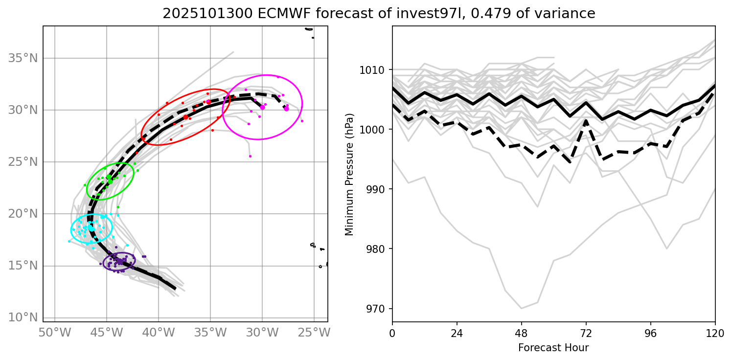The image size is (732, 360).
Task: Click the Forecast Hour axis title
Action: tap(553, 348)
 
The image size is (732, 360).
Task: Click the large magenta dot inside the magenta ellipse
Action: tap(262, 107)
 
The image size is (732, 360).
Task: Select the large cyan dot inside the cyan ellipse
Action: tap(91, 228)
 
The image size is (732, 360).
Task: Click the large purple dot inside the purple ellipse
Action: tap(120, 262)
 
